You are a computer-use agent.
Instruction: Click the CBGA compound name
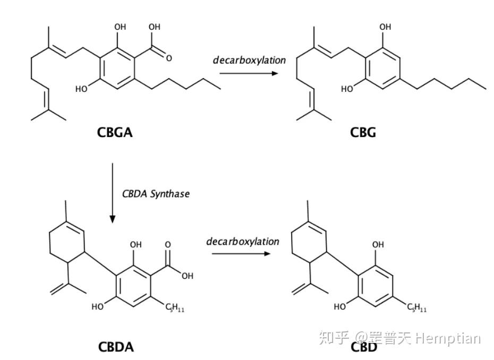tap(115, 132)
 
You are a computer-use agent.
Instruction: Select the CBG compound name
tap(363, 132)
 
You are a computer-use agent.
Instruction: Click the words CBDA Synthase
tap(156, 194)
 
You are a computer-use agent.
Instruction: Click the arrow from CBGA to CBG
tap(249, 73)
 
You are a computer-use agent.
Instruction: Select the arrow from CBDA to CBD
tap(242, 254)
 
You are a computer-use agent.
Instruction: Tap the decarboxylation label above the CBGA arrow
tap(249, 60)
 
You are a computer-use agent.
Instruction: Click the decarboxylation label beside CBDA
tap(242, 242)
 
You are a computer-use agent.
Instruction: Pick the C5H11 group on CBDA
tap(175, 307)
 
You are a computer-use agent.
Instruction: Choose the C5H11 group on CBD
tap(417, 307)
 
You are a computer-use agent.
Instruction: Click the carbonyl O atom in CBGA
tap(169, 58)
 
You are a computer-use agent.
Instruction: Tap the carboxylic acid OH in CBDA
tap(186, 276)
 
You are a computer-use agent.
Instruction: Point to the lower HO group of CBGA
tap(81, 89)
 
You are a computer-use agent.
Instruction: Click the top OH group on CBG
tap(385, 27)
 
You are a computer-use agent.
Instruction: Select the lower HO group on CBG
tap(347, 89)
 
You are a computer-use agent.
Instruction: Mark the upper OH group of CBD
tap(378, 245)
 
